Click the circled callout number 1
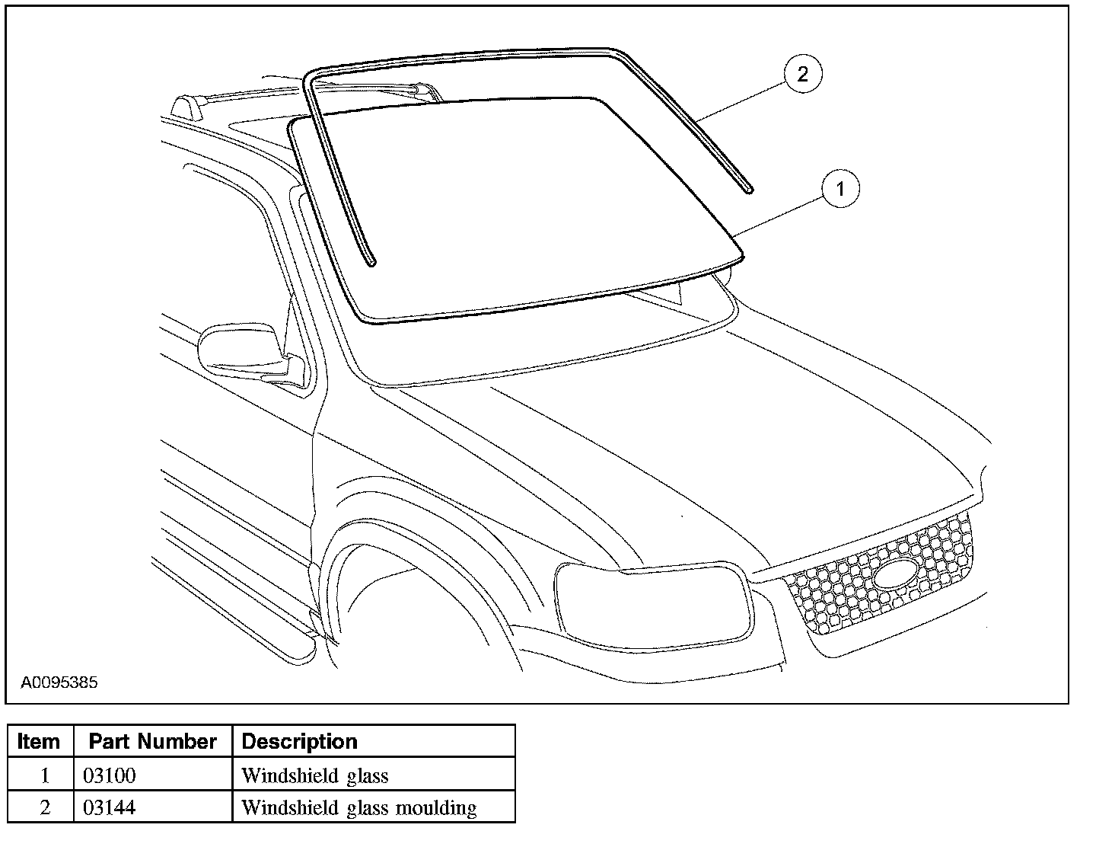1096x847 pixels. point(840,189)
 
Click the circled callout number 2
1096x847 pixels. point(802,75)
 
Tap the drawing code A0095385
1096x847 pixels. point(59,682)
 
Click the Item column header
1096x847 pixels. point(39,741)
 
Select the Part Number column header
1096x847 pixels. point(152,741)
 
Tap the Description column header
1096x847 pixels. point(299,741)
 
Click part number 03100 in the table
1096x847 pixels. point(109,776)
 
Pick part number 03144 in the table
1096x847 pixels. point(109,807)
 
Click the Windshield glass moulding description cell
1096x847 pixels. point(358,807)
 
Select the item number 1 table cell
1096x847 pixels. point(44,776)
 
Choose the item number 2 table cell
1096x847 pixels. point(44,807)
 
